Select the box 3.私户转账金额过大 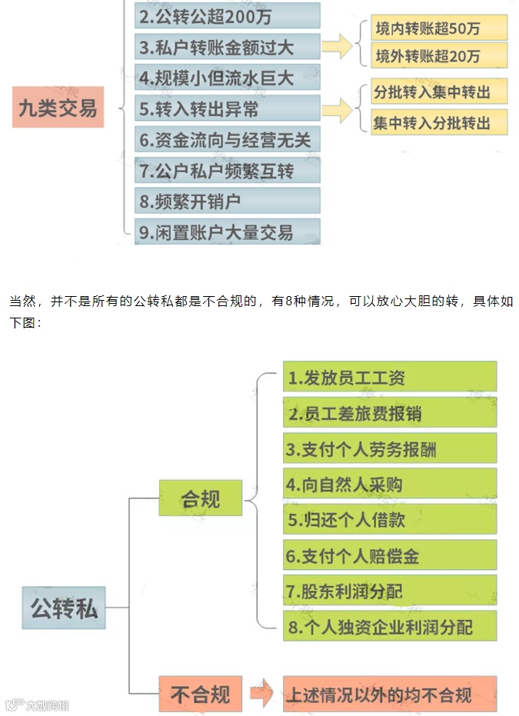coord(227,47)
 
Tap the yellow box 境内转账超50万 coord(439,28)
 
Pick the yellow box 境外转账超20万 coord(439,56)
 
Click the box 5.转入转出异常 coord(227,108)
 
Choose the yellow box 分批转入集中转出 coord(439,92)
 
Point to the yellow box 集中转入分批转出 coord(439,122)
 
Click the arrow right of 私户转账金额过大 coord(337,46)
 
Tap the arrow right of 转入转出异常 coord(337,108)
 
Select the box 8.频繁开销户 coord(227,201)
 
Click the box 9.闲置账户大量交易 coord(227,231)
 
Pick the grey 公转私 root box coord(64,608)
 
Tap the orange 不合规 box coord(200,694)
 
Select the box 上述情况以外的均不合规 coord(389,694)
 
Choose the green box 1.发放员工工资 coord(389,378)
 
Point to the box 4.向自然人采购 coord(389,485)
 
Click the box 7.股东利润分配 coord(389,591)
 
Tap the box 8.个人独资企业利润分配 coord(389,626)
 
